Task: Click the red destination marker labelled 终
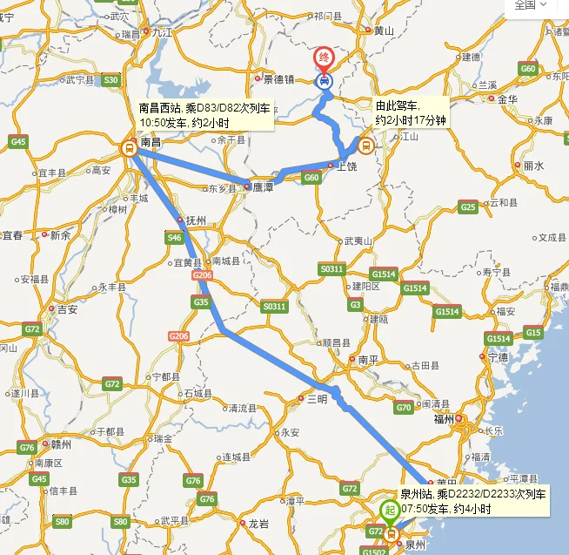point(323,59)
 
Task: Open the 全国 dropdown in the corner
point(531,5)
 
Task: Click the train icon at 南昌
point(129,148)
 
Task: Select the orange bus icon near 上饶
point(365,146)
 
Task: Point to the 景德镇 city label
point(280,78)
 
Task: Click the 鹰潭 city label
point(264,186)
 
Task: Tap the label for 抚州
point(196,220)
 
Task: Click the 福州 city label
point(445,419)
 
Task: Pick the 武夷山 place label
point(358,240)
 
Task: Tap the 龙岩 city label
point(259,524)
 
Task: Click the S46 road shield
point(174,237)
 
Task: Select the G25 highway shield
point(468,206)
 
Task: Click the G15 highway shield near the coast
point(533,333)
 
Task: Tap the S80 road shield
point(62,521)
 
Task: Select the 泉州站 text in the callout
point(417,494)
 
